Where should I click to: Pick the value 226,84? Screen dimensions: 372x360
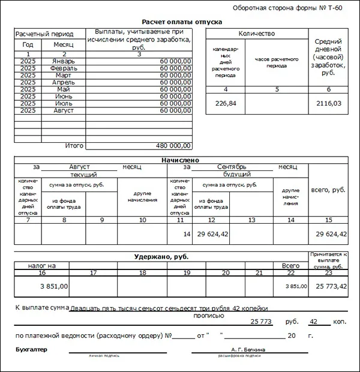click(226, 103)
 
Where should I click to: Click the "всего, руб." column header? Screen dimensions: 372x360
click(328, 190)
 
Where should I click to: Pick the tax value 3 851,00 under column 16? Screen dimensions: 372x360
click(55, 286)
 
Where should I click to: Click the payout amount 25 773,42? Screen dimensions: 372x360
click(329, 286)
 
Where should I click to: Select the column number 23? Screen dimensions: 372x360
click(328, 273)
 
